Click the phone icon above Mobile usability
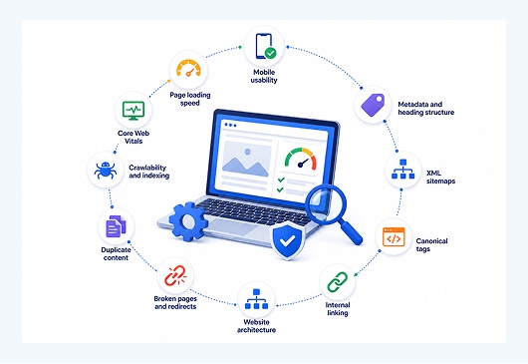tap(263, 46)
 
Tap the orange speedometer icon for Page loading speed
tap(188, 69)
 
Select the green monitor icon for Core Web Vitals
tap(133, 111)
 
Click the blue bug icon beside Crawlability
tap(106, 170)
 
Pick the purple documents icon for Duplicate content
tap(116, 226)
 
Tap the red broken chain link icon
tap(175, 275)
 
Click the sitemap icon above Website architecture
tap(256, 299)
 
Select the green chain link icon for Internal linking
tap(338, 282)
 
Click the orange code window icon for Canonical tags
tap(394, 237)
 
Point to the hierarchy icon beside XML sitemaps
tap(403, 170)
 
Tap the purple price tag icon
tap(373, 105)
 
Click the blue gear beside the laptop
tap(188, 221)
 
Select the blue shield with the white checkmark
tap(288, 240)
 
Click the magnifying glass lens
tap(326, 203)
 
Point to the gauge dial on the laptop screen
tap(301, 159)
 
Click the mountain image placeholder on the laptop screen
tap(247, 159)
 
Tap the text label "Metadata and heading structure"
tap(426, 108)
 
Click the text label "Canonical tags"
tap(431, 245)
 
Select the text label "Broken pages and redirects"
tap(175, 302)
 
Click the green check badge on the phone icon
tap(270, 53)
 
